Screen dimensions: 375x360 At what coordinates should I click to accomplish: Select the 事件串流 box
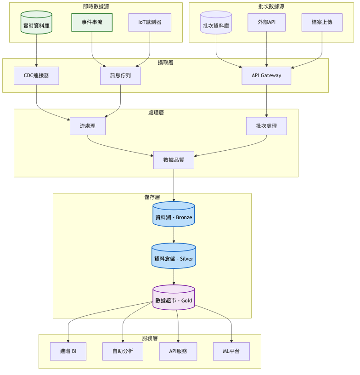coord(92,22)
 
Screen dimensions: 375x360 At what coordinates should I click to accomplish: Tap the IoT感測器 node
coord(149,22)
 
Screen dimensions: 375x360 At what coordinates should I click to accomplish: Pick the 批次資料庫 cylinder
coord(216,23)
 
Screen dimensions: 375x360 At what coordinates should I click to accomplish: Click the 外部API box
coord(266,22)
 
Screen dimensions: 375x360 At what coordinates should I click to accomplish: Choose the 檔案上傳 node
coord(321,22)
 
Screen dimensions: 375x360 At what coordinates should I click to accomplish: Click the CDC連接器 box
coord(36,75)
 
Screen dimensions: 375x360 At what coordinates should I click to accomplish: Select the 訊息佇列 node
coord(120,75)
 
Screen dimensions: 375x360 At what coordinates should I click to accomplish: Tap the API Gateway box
coord(266,75)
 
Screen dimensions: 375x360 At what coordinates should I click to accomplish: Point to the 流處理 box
coord(88,126)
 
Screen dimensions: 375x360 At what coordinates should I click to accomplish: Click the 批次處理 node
coord(266,126)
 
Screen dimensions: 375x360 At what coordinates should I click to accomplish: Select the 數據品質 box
coord(174,160)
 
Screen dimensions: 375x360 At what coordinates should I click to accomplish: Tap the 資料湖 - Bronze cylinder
coord(174,215)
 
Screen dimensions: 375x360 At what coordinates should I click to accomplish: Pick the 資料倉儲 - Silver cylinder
coord(174,256)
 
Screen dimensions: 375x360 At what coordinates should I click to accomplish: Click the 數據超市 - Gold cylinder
coord(174,298)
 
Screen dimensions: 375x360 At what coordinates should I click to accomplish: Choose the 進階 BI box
coord(68,352)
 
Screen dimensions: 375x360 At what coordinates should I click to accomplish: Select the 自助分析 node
coord(123,352)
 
